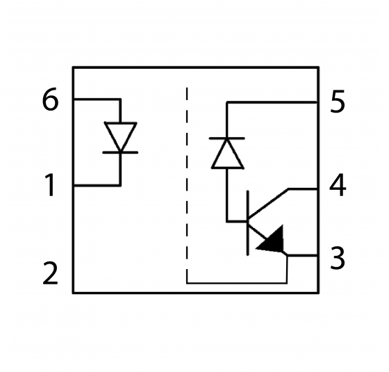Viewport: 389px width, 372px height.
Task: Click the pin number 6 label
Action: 50,101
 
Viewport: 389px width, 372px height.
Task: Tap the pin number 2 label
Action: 50,273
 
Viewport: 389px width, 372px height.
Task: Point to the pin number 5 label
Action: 338,103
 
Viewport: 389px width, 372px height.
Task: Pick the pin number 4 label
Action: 338,186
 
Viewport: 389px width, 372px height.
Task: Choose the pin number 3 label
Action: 338,259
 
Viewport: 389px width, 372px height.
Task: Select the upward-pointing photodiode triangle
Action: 227,154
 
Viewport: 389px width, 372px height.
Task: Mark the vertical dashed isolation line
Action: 188,181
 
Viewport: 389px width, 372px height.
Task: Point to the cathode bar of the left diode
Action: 120,152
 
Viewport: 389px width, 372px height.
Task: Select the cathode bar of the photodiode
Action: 227,138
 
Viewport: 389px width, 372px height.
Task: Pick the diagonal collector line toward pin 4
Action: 269,204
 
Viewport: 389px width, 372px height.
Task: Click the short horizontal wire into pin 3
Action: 303,255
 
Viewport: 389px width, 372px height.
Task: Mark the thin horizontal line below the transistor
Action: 236,283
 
